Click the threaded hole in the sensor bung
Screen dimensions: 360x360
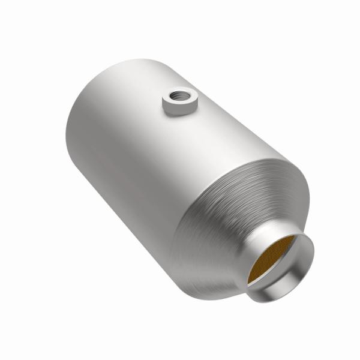click(x=178, y=95)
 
